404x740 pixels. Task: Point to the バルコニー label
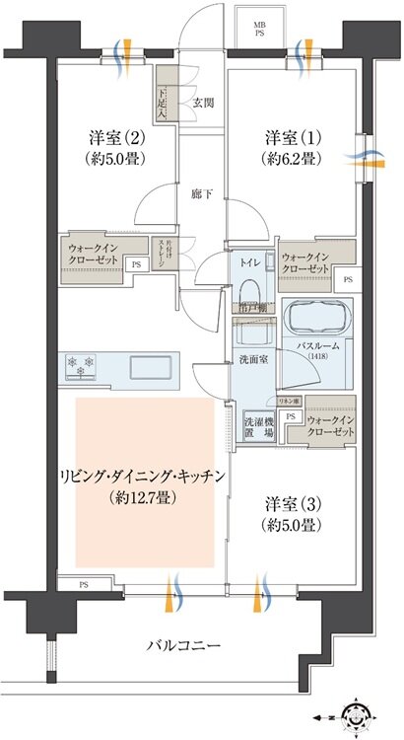click(x=183, y=645)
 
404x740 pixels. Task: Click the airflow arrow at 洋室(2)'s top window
click(x=124, y=51)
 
